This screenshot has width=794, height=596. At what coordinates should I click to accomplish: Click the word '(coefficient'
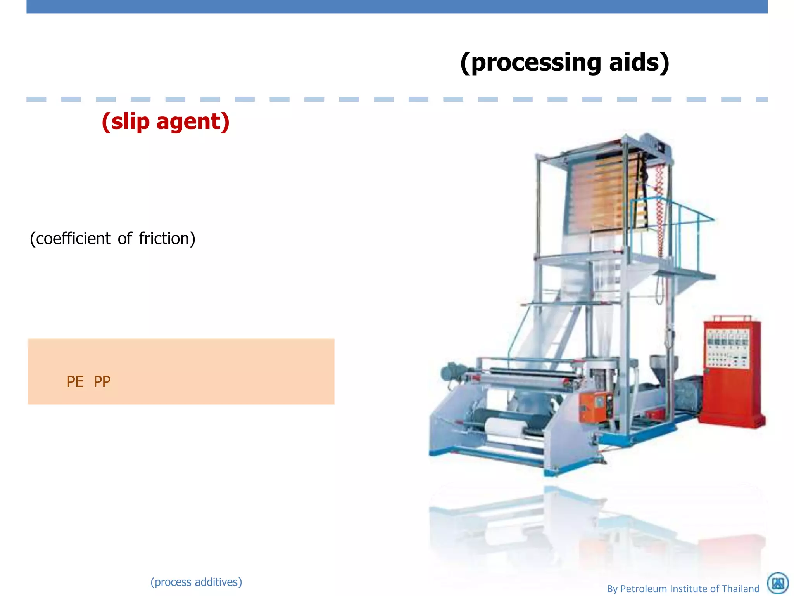[70, 239]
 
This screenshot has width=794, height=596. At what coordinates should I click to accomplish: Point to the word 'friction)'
[167, 239]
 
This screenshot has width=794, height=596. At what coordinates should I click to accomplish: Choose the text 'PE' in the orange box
[75, 382]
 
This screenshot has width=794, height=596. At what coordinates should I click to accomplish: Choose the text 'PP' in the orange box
[102, 382]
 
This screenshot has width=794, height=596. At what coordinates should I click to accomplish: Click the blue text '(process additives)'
[196, 582]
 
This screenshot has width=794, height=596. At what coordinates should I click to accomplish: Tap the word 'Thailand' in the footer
[740, 589]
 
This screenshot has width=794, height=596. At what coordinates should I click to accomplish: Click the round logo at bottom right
[778, 583]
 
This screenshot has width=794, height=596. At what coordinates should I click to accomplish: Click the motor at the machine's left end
[452, 372]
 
